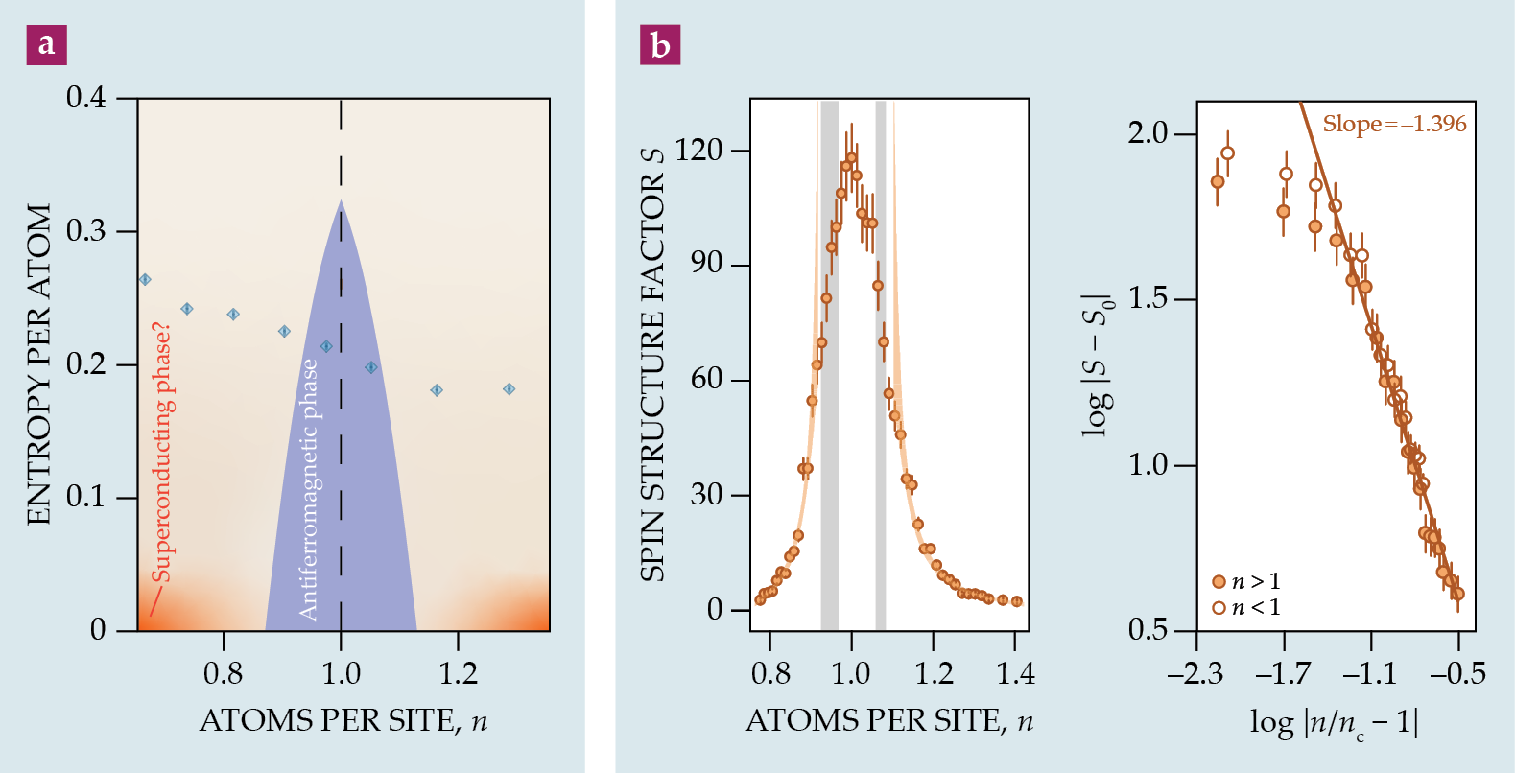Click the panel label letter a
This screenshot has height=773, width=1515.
(46, 44)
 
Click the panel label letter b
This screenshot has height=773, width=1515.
(660, 44)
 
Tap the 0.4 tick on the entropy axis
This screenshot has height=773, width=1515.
(86, 98)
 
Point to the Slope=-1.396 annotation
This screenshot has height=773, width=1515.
(1394, 124)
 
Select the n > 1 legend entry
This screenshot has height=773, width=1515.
(1246, 581)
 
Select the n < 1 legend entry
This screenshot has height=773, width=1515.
(1246, 607)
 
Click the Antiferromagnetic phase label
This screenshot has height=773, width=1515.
(308, 489)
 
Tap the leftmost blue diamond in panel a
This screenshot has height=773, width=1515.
(145, 280)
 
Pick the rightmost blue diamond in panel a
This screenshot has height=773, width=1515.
(509, 389)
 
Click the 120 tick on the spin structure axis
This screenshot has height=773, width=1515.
(698, 150)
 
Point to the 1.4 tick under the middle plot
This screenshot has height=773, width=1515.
(1015, 673)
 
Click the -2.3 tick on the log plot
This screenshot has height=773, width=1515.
(1195, 673)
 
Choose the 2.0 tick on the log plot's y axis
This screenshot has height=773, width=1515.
(1148, 133)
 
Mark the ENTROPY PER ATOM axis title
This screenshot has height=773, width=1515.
(38, 364)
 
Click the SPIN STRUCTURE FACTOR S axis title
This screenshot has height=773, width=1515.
(652, 364)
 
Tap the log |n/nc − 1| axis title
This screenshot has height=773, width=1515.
(1334, 722)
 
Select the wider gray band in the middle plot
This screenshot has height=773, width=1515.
(829, 364)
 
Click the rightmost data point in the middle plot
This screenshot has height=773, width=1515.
(1017, 601)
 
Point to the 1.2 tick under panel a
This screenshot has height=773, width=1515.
(458, 673)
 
